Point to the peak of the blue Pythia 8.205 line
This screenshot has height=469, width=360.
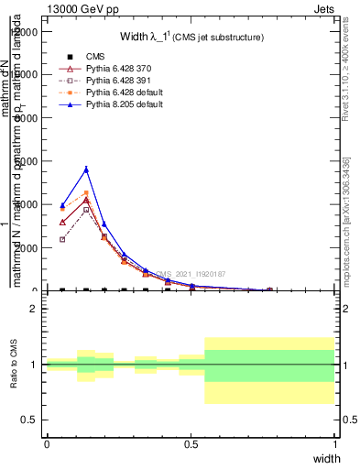click(86, 169)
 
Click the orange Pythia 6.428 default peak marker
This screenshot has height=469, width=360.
click(86, 193)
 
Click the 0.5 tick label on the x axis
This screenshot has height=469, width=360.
click(191, 443)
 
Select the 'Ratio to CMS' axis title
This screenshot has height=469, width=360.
click(14, 365)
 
